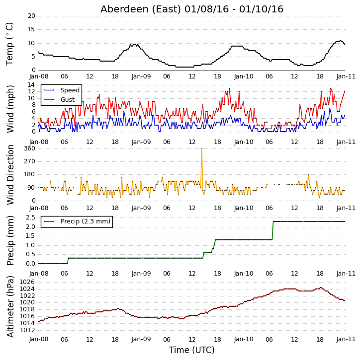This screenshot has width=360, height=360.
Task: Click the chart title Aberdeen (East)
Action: [x=141, y=9]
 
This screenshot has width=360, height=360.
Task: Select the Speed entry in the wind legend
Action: [x=70, y=90]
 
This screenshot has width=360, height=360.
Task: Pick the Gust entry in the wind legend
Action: [x=68, y=100]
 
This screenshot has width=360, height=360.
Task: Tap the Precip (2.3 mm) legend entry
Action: [x=86, y=221]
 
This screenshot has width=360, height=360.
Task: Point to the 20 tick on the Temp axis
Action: [x=31, y=16]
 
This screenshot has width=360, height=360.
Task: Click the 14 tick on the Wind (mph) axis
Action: [x=31, y=85]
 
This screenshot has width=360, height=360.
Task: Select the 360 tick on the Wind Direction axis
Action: [x=30, y=148]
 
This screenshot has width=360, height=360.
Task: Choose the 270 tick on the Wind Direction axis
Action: [x=30, y=161]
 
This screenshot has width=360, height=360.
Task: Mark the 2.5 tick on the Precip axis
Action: [x=30, y=217]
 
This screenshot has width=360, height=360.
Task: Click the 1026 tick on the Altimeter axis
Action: [x=27, y=282]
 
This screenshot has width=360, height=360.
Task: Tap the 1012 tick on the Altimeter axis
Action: [x=27, y=330]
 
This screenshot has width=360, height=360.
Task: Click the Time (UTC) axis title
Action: [x=192, y=350]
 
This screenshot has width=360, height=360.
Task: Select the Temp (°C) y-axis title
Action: [x=9, y=44]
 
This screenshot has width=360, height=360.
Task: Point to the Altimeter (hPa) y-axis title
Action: [x=10, y=306]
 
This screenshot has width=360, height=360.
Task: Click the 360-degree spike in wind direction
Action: [x=201, y=149]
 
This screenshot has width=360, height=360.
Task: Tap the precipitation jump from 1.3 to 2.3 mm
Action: [x=272, y=230]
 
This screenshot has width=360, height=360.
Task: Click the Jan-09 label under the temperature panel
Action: [x=141, y=76]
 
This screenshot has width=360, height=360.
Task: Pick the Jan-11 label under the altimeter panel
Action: [x=346, y=339]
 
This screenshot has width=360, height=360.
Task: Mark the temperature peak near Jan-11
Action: [x=341, y=40]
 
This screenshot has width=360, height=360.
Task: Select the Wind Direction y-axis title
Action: [x=10, y=175]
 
